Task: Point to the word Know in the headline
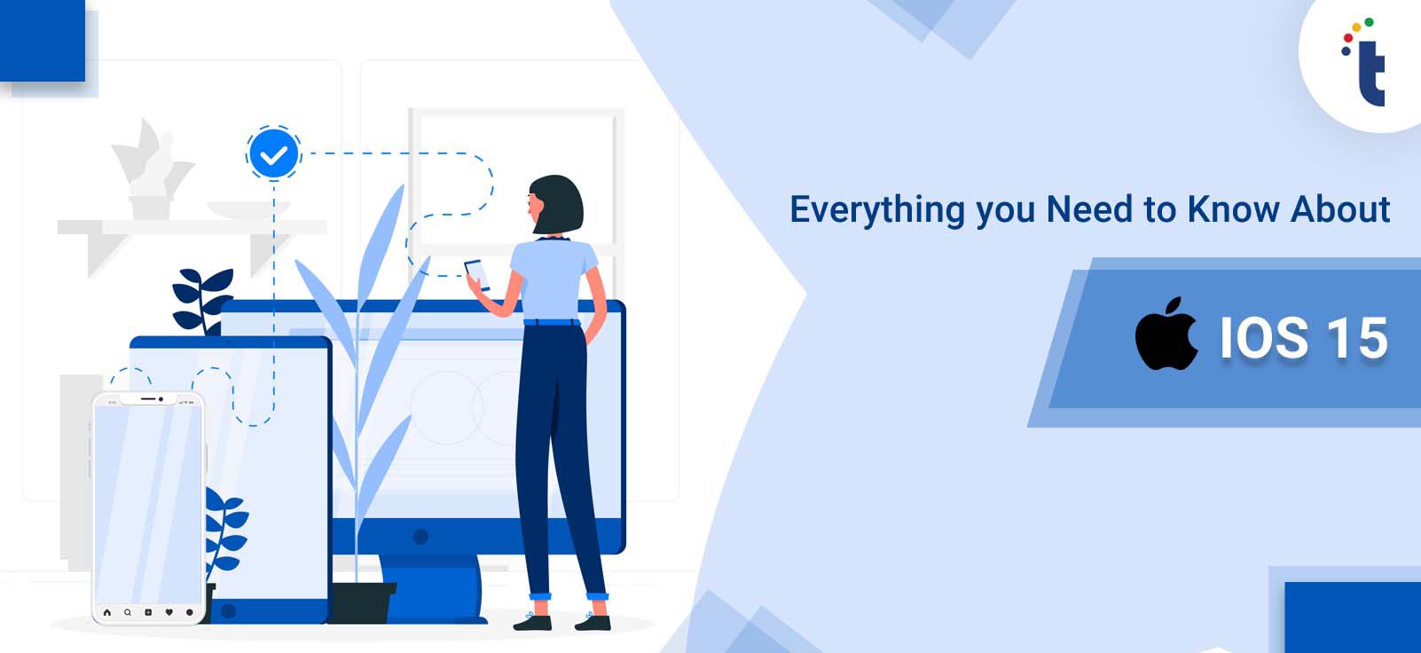1233,208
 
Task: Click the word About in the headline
1340,208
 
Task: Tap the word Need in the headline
1089,208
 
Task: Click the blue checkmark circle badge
273,153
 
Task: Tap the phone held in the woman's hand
477,275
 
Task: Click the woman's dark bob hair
557,204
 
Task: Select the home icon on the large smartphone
106,612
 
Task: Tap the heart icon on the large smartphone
169,612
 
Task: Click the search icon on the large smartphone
128,612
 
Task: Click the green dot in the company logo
1369,22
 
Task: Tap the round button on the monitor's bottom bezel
420,536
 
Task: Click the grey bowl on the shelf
248,210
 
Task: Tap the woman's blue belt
552,322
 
